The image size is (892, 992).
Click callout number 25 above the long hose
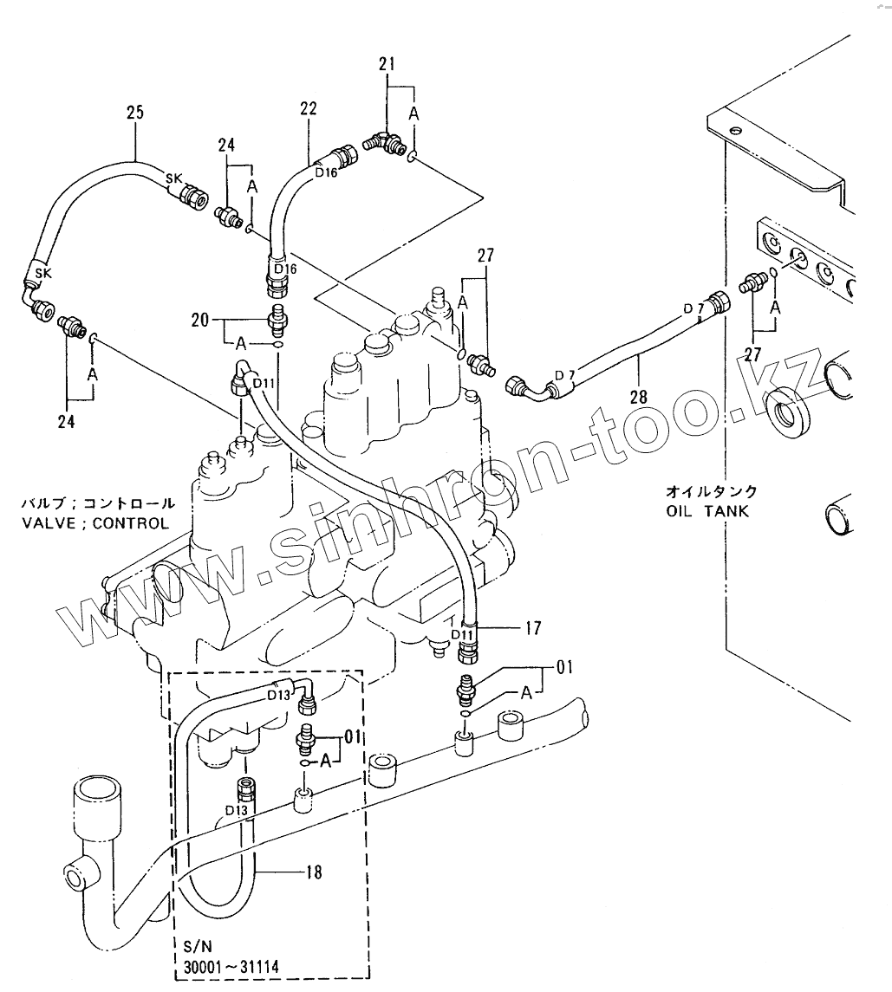tap(134, 112)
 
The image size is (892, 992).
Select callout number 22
tap(309, 108)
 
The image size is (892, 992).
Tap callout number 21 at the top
tap(387, 63)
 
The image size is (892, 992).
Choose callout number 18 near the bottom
tap(313, 872)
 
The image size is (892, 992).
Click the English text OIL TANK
tap(707, 511)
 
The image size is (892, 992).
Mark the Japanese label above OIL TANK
tap(711, 491)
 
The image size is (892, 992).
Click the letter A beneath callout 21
tap(413, 113)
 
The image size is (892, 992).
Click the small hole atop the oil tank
tap(735, 131)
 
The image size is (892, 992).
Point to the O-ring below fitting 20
tap(277, 345)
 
